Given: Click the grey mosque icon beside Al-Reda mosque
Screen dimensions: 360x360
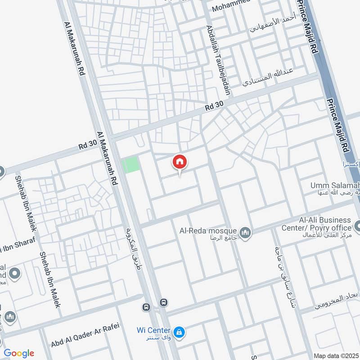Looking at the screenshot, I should (x=245, y=232).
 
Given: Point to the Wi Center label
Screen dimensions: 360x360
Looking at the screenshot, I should (x=153, y=330).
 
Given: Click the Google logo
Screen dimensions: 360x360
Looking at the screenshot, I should (x=19, y=353).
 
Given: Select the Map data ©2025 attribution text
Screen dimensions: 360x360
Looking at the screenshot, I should (x=335, y=355).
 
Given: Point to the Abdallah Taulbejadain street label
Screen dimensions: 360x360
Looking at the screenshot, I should (x=218, y=60).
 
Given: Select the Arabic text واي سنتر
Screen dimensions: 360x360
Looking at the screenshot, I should (x=153, y=337).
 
